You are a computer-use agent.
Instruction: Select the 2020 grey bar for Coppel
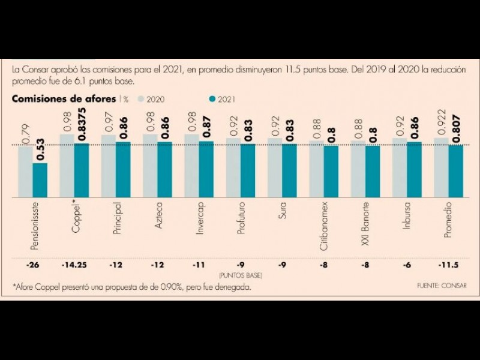(67, 166)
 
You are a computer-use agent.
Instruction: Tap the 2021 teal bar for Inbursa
(413, 170)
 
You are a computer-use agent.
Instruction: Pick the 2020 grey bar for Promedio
(440, 167)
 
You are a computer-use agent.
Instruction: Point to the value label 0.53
(40, 150)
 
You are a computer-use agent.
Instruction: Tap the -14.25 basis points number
(73, 265)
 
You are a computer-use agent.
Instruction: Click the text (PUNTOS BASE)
(239, 274)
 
